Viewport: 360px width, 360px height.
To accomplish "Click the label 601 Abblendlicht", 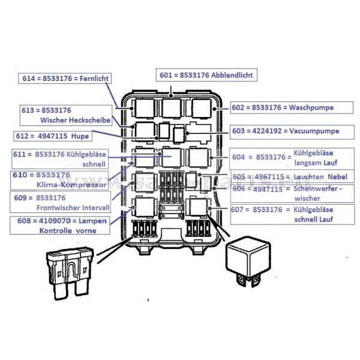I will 206,75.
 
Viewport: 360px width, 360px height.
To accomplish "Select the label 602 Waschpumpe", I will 283,108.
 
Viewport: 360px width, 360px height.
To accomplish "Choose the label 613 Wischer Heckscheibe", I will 65,115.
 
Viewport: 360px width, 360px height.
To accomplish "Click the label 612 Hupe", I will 56,136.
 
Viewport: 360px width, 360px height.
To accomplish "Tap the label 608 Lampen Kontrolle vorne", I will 62,225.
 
